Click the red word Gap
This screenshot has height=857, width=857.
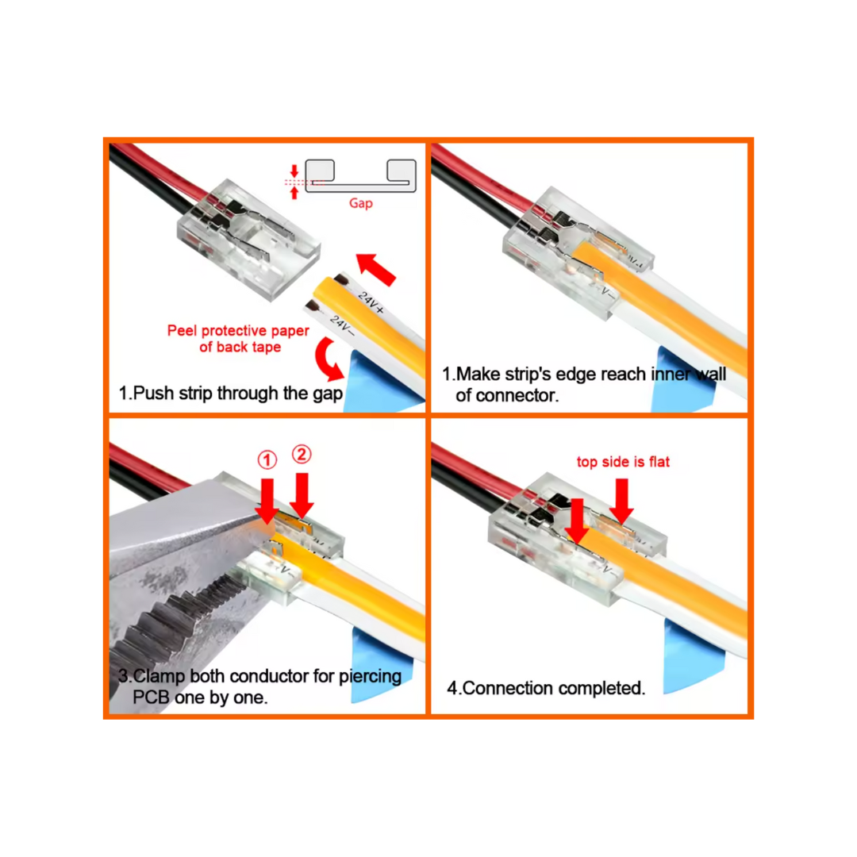tap(361, 203)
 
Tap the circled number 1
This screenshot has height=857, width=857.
tap(267, 459)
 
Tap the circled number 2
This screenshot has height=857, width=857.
tap(302, 454)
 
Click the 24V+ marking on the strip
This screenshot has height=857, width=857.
tap(371, 303)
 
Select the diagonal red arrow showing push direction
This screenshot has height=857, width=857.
tap(376, 269)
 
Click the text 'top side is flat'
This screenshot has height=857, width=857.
tap(623, 462)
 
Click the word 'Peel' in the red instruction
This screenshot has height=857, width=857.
tap(183, 331)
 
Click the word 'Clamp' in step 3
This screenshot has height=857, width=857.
tap(160, 676)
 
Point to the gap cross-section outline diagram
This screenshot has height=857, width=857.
tap(361, 176)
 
